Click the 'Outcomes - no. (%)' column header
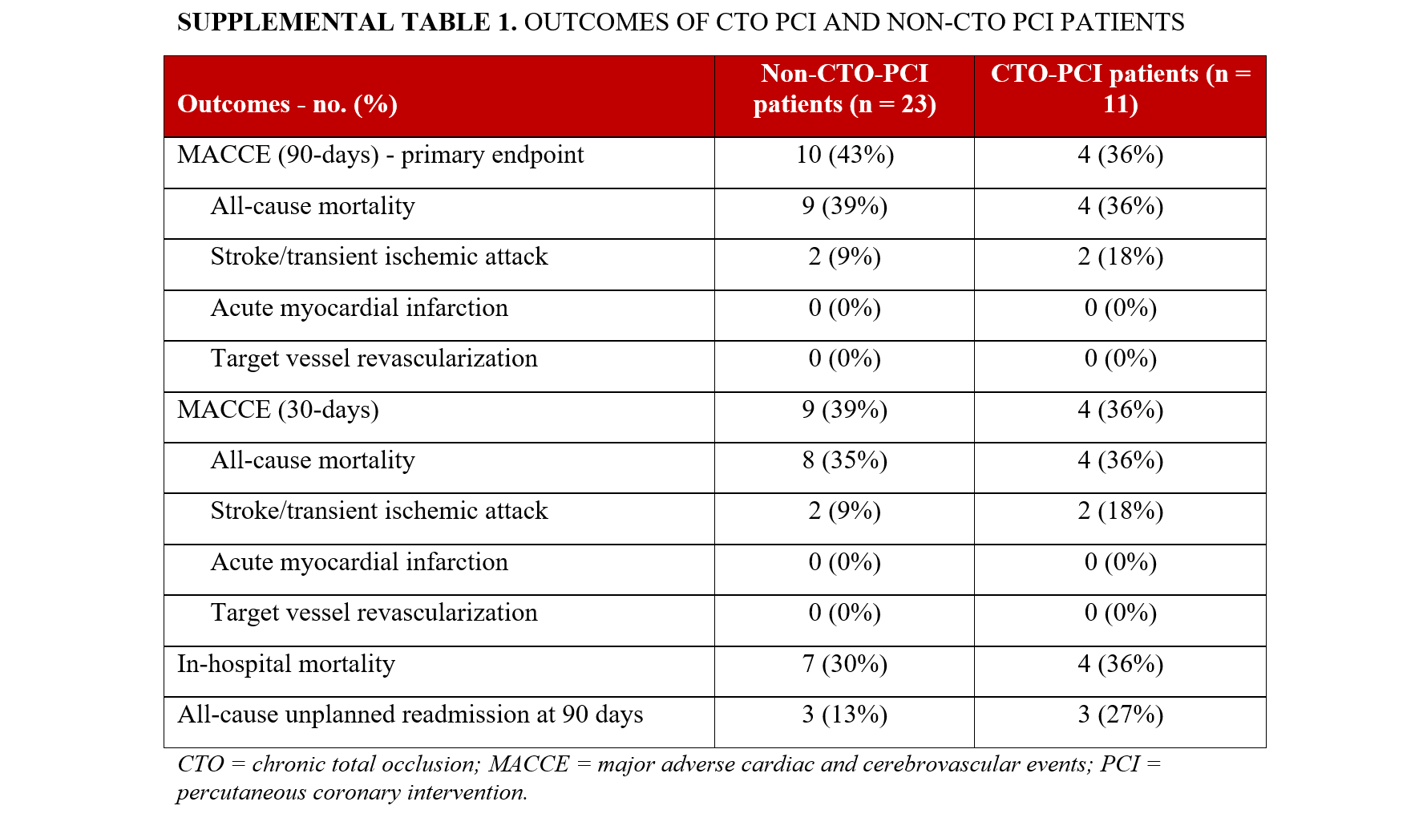pos(287,104)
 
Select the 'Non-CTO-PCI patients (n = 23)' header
pos(844,89)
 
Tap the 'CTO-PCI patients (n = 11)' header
pos(1120,89)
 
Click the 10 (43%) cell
pos(844,155)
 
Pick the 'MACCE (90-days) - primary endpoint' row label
pos(380,155)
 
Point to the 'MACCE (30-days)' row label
pos(277,410)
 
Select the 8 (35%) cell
pos(844,460)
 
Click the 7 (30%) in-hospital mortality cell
pos(844,664)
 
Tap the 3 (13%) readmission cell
pos(844,715)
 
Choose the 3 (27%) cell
pos(1120,715)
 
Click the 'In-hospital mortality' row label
pos(285,664)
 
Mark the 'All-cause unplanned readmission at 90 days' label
pos(410,715)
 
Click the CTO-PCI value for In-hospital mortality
pos(1120,664)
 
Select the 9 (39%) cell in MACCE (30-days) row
pos(844,410)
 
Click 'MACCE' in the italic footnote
pos(528,764)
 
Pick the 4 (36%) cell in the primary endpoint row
pos(1120,155)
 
